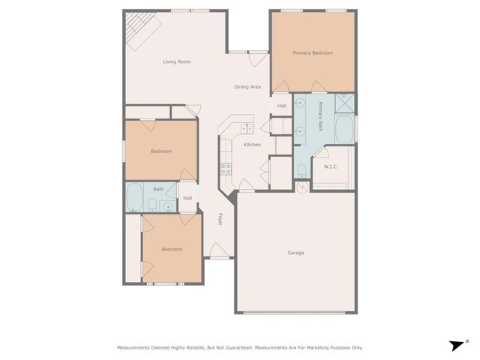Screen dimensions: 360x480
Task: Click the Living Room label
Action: pos(177,61)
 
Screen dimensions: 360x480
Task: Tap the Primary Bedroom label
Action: pos(313,53)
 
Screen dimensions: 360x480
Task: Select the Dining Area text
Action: pos(247,87)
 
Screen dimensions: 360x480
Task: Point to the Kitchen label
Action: pos(252,144)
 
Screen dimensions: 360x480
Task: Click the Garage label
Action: pos(295,253)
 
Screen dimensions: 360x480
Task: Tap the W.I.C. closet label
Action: pos(331,166)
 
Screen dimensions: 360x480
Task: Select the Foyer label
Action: pos(220,219)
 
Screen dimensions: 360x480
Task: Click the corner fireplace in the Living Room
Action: pos(139,30)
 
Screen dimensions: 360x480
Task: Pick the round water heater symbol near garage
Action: pos(301,187)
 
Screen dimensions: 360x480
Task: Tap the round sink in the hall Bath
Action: pos(168,205)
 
